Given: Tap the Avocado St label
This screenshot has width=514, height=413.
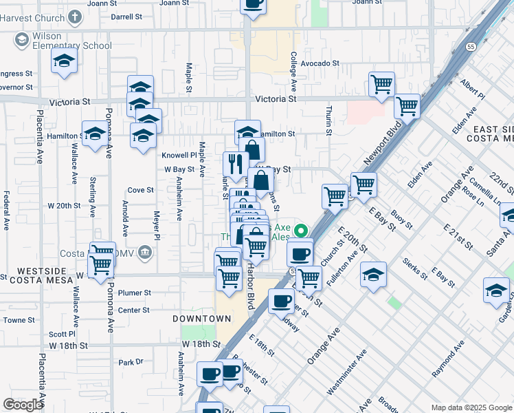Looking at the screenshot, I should point(320,63).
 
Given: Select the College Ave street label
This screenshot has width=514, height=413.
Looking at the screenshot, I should point(293,72).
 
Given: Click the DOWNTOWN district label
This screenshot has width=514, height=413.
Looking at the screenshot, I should point(201,319).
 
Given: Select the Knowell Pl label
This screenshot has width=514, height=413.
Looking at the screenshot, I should point(179,156).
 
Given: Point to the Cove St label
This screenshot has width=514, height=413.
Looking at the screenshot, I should point(140,190).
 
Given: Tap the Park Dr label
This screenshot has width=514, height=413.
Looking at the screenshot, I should point(130,362).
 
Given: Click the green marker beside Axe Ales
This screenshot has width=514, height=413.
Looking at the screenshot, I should point(300,231).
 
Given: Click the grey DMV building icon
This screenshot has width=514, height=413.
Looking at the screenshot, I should point(144,251).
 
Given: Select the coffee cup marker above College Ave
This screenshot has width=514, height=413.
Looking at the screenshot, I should point(253,4).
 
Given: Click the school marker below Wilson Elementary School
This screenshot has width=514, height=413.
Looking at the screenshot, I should point(64,62).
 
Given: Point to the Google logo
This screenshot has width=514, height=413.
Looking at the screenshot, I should point(23,405).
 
